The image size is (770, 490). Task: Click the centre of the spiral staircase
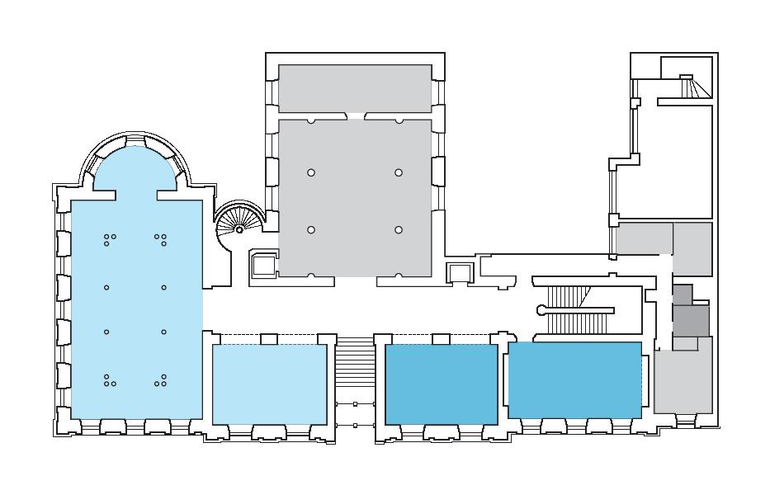tap(239, 229)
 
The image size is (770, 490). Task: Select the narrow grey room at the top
tap(355, 88)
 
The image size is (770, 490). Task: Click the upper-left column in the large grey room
tap(311, 172)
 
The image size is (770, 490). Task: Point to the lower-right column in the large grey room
tap(399, 229)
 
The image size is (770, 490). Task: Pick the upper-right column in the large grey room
tap(399, 172)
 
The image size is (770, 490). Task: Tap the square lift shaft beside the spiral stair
tap(263, 265)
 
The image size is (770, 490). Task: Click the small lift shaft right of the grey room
tap(458, 273)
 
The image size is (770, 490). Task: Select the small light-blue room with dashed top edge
tap(269, 384)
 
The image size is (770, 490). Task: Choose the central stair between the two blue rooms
tap(355, 363)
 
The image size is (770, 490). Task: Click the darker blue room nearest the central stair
tap(442, 384)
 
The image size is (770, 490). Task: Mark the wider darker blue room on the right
tap(574, 379)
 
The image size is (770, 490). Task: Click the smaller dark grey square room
tap(683, 294)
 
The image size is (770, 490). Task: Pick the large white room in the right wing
tap(673, 161)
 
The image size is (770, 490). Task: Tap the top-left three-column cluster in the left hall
tap(110, 239)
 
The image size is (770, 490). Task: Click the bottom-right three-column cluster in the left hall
tap(162, 380)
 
